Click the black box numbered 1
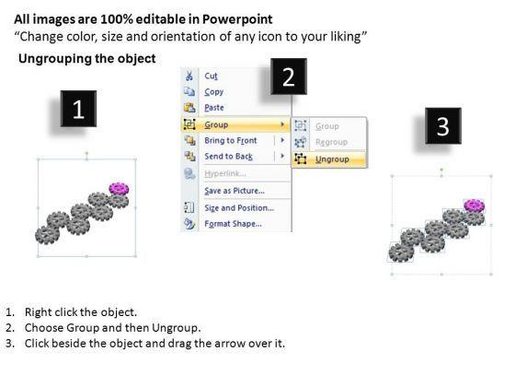(78, 109)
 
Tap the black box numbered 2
(289, 76)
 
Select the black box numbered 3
(443, 125)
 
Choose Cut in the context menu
(211, 76)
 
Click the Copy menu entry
(213, 92)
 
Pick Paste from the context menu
(214, 108)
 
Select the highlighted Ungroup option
(332, 159)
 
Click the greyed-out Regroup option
(331, 142)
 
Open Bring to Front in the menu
(231, 140)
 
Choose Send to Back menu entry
(229, 157)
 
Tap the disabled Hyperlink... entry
(225, 173)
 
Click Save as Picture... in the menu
(235, 191)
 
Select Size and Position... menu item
(239, 208)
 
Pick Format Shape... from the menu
(233, 224)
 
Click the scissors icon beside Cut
(189, 76)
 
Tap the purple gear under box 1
(119, 189)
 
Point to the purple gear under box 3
(475, 205)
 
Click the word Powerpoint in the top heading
(237, 19)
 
